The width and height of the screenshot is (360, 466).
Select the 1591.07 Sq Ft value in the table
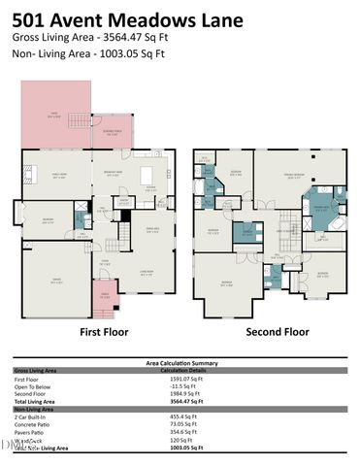click(x=180, y=379)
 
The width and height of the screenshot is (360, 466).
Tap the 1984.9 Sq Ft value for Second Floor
click(x=179, y=393)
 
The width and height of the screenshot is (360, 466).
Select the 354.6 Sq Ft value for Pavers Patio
click(x=177, y=431)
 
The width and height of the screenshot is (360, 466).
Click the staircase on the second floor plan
click(x=285, y=230)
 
